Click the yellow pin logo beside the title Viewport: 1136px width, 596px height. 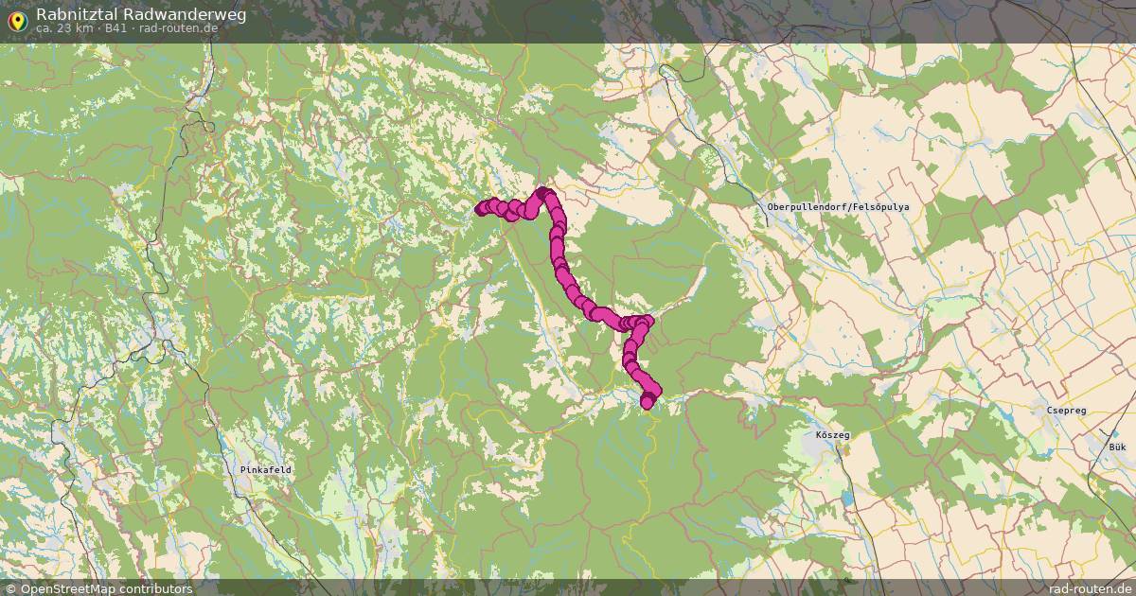click(17, 19)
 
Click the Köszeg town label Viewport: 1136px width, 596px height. click(833, 435)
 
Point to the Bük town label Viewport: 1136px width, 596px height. click(1118, 445)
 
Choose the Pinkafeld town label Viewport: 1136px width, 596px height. click(266, 469)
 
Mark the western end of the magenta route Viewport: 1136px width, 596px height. click(481, 210)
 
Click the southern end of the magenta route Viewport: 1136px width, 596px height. click(648, 403)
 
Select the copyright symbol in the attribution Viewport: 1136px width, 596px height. click(10, 588)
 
